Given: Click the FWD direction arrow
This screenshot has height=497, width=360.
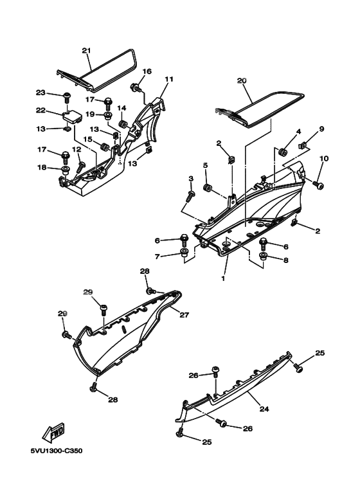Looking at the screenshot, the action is click(x=53, y=433).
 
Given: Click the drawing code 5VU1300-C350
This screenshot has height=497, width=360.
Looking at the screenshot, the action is click(x=57, y=451).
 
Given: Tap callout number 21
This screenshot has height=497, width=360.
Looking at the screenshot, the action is click(x=86, y=50).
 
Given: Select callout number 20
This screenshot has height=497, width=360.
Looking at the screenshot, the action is click(x=242, y=81).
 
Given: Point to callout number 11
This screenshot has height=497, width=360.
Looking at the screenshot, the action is click(x=170, y=79).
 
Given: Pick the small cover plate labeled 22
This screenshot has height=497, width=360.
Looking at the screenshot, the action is click(x=73, y=116).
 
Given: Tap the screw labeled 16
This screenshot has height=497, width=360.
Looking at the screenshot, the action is click(x=136, y=87).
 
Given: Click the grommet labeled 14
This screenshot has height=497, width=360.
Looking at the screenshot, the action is click(x=123, y=124).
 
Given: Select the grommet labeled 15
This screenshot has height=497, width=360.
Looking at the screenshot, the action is click(x=104, y=147).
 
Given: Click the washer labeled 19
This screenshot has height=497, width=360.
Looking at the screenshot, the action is click(x=108, y=115).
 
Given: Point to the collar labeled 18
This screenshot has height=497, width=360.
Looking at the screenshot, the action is click(x=66, y=170).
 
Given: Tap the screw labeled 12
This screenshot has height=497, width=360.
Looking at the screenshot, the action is click(x=81, y=167).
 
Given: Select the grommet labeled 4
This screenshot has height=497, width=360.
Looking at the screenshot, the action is click(x=282, y=152).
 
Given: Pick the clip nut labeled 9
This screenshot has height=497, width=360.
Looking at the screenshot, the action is click(x=301, y=146).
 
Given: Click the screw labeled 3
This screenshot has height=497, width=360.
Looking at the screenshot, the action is click(x=190, y=195).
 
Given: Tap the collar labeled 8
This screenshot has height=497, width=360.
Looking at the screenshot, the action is click(x=263, y=256).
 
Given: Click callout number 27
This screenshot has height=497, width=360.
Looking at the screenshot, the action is click(x=184, y=315).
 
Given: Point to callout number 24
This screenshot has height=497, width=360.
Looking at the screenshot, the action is click(x=264, y=409).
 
